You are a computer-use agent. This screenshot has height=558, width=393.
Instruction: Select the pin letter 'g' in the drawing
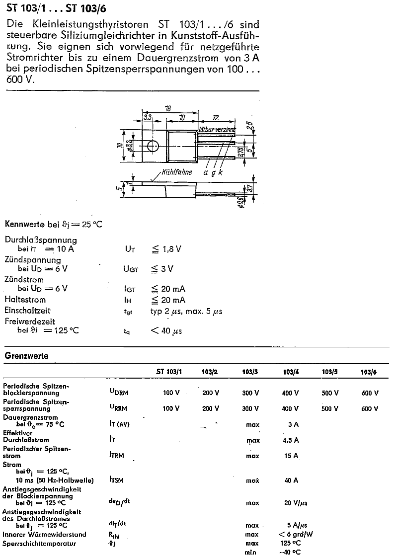pyautogui.click(x=213, y=172)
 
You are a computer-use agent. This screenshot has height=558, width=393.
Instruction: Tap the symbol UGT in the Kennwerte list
pyautogui.click(x=132, y=269)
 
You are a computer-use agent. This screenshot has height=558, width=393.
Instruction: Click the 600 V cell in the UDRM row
pyautogui.click(x=370, y=393)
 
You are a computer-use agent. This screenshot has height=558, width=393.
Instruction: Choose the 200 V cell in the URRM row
pyautogui.click(x=211, y=408)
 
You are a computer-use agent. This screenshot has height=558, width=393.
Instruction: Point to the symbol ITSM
pyautogui.click(x=117, y=480)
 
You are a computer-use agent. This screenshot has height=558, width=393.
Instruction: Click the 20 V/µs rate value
pyautogui.click(x=296, y=502)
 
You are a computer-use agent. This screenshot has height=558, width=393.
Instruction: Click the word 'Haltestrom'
pyautogui.click(x=25, y=300)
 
